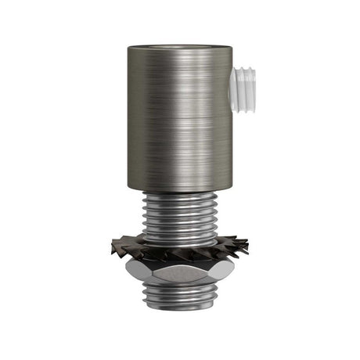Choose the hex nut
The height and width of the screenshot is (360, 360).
pos(179,274)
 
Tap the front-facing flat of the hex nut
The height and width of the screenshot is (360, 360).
pos(179,275)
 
